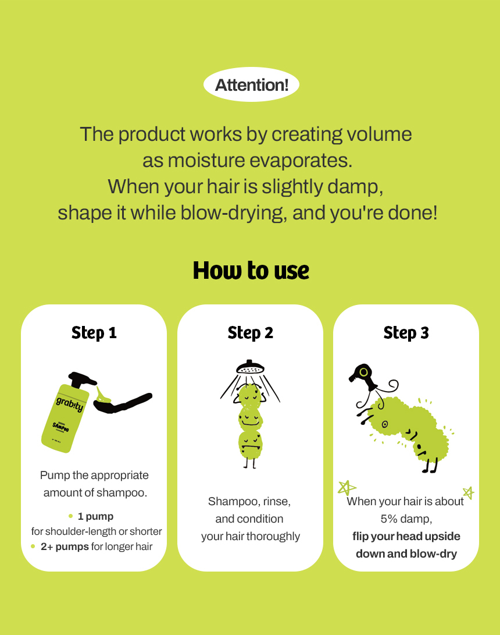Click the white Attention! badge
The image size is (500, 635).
click(x=251, y=84)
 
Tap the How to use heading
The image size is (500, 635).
click(x=251, y=271)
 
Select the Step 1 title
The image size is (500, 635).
click(x=94, y=333)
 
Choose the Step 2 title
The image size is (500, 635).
click(x=251, y=333)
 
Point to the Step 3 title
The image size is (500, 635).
click(x=406, y=333)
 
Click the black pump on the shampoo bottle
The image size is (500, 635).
click(x=81, y=380)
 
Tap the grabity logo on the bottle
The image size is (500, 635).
click(x=70, y=404)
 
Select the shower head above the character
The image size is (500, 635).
click(x=250, y=367)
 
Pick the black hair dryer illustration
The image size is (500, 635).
click(x=363, y=377)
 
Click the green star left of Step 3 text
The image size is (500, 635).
click(x=347, y=488)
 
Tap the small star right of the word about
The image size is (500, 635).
click(x=469, y=493)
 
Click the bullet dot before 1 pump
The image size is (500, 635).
click(x=70, y=516)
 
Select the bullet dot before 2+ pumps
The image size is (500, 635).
click(x=33, y=547)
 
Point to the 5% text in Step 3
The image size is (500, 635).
click(x=389, y=519)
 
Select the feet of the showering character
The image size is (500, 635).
click(x=249, y=463)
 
